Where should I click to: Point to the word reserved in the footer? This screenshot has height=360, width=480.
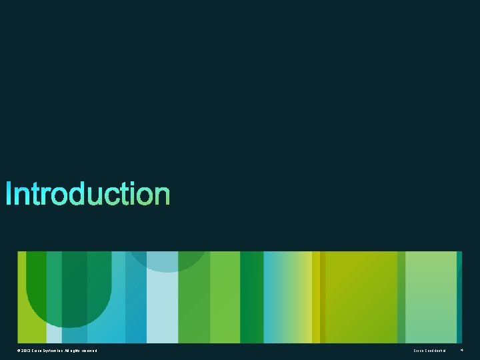coord(89,351)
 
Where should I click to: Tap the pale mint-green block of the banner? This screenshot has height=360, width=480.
coord(431,297)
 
